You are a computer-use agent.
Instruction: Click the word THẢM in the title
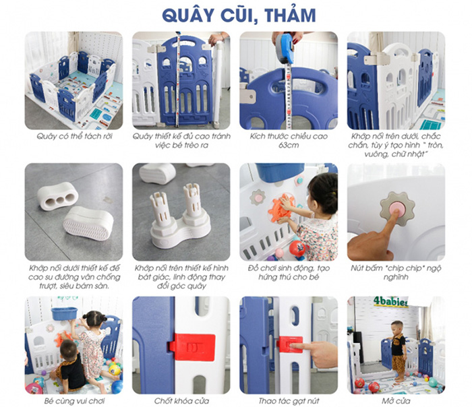pos(291,15)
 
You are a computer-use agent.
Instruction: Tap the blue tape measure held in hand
pos(285,48)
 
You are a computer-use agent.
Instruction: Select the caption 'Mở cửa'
pos(396,401)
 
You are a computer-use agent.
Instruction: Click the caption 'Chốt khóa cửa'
pos(181,401)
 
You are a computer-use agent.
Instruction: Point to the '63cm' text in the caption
pos(289,145)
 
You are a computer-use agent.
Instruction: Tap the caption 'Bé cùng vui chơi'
pos(74,401)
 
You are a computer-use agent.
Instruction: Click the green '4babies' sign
pos(390,302)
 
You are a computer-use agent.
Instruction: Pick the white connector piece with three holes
pos(58,196)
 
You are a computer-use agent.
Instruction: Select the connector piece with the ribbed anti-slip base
pos(88,224)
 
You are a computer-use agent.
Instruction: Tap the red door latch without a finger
pos(193,347)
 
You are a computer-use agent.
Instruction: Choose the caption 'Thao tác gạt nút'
pos(289,401)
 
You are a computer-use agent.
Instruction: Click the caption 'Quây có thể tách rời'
pos(74,136)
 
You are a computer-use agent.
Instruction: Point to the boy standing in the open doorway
pos(399,350)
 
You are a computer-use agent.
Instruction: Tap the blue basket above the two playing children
pos(64,313)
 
